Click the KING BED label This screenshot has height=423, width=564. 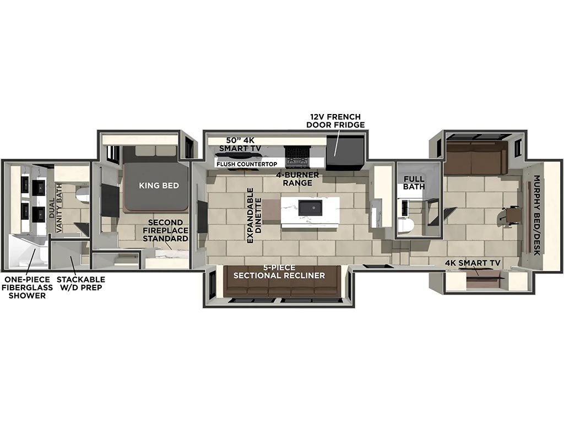[159, 186]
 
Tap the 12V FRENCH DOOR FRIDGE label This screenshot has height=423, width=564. [335, 121]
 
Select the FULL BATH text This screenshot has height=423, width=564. [414, 183]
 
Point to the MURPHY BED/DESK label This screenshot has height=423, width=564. [536, 215]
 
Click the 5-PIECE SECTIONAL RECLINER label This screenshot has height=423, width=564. [279, 272]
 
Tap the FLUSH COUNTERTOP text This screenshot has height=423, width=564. [247, 164]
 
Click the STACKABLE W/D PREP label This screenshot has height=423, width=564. [81, 284]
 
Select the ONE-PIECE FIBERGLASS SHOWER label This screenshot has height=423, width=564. [28, 288]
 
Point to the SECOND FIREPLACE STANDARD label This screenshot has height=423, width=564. [165, 231]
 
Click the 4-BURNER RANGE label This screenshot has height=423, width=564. [297, 179]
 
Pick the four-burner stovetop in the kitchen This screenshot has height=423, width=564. [297, 157]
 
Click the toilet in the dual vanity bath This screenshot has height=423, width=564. [83, 194]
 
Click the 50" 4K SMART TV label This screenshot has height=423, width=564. [240, 144]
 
